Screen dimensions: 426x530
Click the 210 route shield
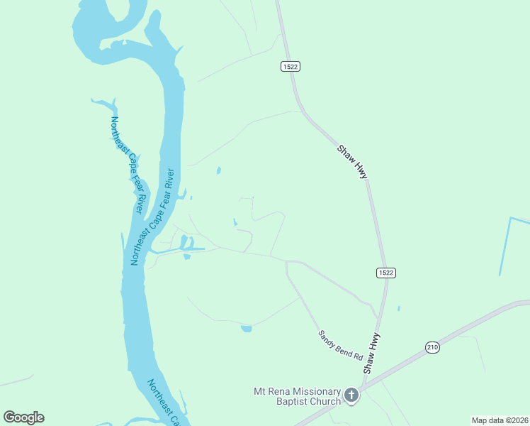(432, 346)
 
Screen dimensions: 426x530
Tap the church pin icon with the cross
(351, 394)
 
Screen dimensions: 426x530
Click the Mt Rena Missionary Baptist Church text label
(297, 396)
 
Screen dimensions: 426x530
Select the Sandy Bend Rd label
(340, 345)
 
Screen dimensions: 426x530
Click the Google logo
(23, 417)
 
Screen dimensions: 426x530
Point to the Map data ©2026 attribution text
(500, 420)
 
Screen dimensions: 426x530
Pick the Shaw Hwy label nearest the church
(372, 353)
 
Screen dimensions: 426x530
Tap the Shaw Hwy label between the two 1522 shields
(352, 162)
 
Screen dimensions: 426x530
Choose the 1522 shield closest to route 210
(385, 273)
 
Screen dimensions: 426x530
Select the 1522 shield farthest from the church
(290, 66)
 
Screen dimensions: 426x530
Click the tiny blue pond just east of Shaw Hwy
(399, 309)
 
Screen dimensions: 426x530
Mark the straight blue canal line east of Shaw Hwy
(505, 245)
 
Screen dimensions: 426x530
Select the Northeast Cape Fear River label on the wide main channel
(152, 217)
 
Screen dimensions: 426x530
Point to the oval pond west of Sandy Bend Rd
(247, 329)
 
